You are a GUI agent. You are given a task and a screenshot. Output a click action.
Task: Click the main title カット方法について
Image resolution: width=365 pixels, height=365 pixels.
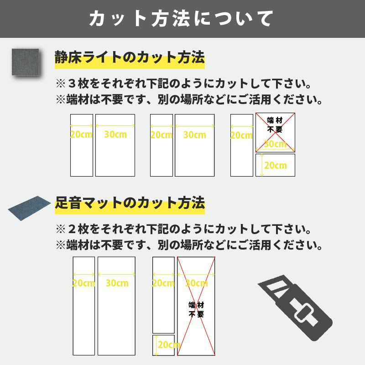click(x=181, y=18)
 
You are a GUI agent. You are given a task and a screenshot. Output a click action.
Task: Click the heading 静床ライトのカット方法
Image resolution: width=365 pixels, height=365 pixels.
click(x=130, y=57)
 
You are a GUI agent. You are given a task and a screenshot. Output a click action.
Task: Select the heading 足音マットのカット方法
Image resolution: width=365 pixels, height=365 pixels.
click(x=130, y=203)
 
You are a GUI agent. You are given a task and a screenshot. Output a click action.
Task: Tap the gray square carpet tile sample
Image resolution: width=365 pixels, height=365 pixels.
click(x=26, y=62)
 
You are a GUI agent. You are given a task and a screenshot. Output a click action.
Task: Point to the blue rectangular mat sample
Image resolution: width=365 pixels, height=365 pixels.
click(x=29, y=208)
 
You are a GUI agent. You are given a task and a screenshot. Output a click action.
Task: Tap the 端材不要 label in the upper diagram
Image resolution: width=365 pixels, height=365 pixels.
click(x=275, y=125)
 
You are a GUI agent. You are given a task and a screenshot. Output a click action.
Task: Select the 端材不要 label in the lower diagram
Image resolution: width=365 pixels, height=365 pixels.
click(x=196, y=310)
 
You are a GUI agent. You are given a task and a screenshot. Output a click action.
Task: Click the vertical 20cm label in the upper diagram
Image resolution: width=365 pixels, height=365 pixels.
click(x=276, y=166)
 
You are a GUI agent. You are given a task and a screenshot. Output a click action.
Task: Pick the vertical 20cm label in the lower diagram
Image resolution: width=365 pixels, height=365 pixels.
click(x=169, y=345)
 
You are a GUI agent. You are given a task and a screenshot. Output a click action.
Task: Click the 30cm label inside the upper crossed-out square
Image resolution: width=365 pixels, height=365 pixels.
click(x=275, y=144)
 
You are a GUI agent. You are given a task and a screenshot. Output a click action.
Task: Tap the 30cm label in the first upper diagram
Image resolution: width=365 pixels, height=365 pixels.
click(x=115, y=134)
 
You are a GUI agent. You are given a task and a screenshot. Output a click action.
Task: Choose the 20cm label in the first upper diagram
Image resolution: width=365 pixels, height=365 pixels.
click(x=81, y=134)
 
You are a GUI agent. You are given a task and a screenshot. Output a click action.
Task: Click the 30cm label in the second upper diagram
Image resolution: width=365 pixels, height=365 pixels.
click(x=195, y=135)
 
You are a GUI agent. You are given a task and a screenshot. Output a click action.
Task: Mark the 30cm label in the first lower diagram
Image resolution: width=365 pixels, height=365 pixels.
click(x=117, y=283)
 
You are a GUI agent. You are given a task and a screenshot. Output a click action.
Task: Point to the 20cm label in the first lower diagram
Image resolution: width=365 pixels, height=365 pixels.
click(x=84, y=283)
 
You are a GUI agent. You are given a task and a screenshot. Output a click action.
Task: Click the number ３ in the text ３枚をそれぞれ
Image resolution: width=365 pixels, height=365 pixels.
click(x=72, y=83)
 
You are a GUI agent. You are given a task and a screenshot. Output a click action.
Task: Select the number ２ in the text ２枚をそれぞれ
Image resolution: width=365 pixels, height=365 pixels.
click(x=72, y=229)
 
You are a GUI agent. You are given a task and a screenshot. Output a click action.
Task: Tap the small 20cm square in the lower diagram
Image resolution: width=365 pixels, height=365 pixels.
click(x=164, y=345)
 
